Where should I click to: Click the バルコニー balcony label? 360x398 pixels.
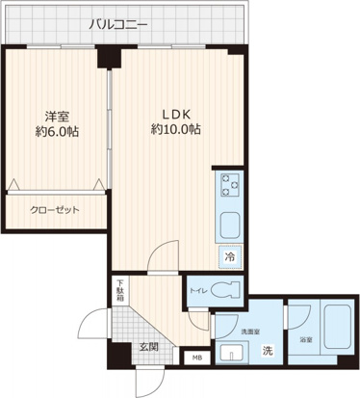pyautogui.click(x=119, y=23)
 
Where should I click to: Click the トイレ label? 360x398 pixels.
pyautogui.click(x=199, y=286)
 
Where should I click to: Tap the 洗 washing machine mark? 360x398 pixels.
pyautogui.click(x=269, y=351)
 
